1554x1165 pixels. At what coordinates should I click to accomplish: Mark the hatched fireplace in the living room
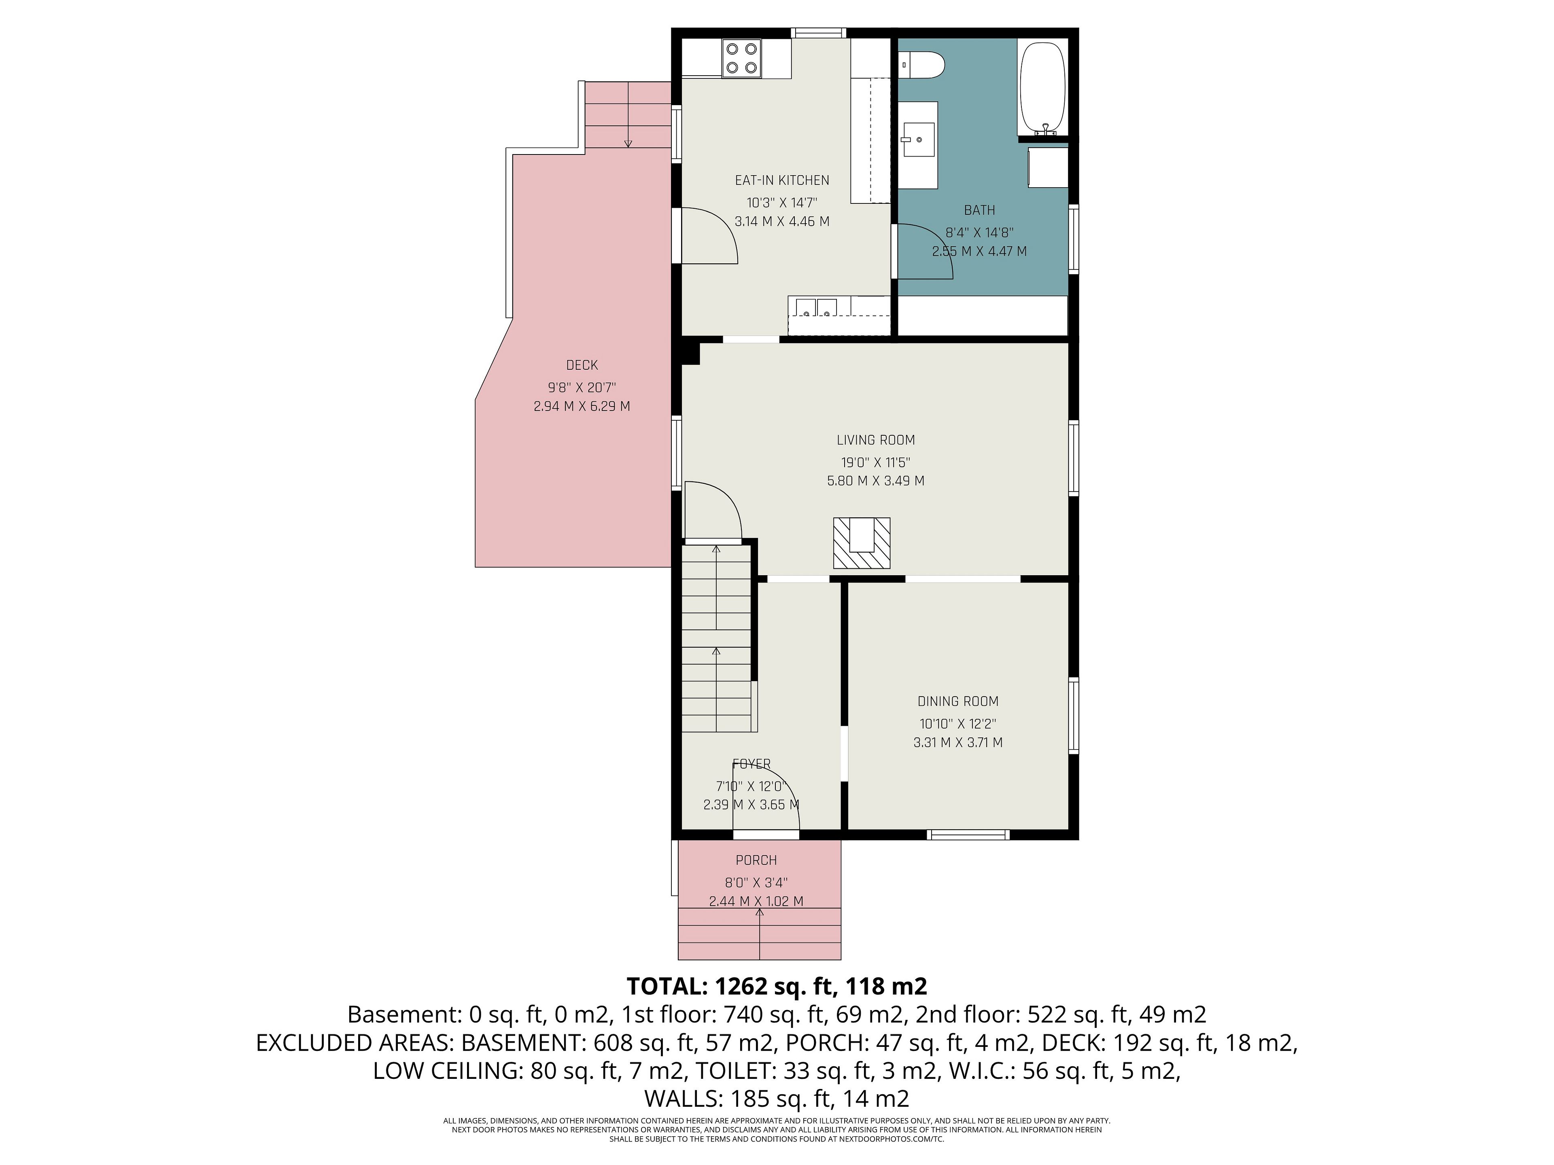click(861, 543)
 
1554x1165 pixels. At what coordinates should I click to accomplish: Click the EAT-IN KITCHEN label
click(782, 180)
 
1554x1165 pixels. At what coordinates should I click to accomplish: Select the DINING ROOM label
click(957, 701)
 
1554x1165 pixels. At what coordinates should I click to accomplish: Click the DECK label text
click(582, 365)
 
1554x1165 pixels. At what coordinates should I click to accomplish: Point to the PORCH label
click(756, 860)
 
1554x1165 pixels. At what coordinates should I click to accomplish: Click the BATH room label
click(979, 210)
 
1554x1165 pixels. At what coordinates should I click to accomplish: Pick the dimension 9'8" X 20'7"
click(582, 388)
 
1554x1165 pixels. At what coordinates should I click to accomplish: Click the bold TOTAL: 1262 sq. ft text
click(776, 987)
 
